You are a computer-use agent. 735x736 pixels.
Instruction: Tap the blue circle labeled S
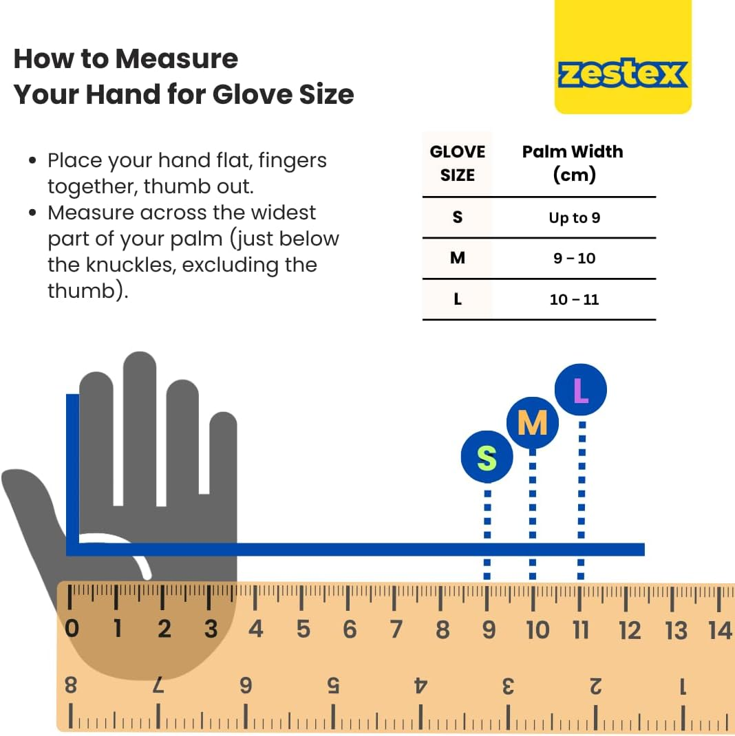coord(487,457)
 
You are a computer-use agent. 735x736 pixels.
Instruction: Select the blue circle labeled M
coord(532,422)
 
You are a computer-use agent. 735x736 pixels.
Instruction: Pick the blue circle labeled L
coord(581,389)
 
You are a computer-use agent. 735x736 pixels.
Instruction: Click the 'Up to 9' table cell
coord(575,218)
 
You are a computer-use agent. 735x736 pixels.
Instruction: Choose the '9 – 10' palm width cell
coord(575,258)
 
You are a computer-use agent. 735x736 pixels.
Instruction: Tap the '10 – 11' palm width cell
coord(575,299)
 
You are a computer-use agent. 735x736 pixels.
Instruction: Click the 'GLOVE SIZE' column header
coord(458,163)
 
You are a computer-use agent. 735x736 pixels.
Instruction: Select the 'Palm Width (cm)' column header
coord(573,163)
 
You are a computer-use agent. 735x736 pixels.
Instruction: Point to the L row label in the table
coord(458,299)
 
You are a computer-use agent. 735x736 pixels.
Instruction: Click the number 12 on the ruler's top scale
coord(629,630)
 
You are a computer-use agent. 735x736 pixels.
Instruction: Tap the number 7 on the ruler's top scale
coord(396,629)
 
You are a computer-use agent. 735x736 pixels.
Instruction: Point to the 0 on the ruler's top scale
coord(72,629)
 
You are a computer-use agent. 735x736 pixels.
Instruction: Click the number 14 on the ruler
coord(721,630)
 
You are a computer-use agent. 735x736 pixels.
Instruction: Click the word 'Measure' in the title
coord(177,58)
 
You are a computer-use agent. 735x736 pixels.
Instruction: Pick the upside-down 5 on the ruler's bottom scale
coord(333,686)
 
